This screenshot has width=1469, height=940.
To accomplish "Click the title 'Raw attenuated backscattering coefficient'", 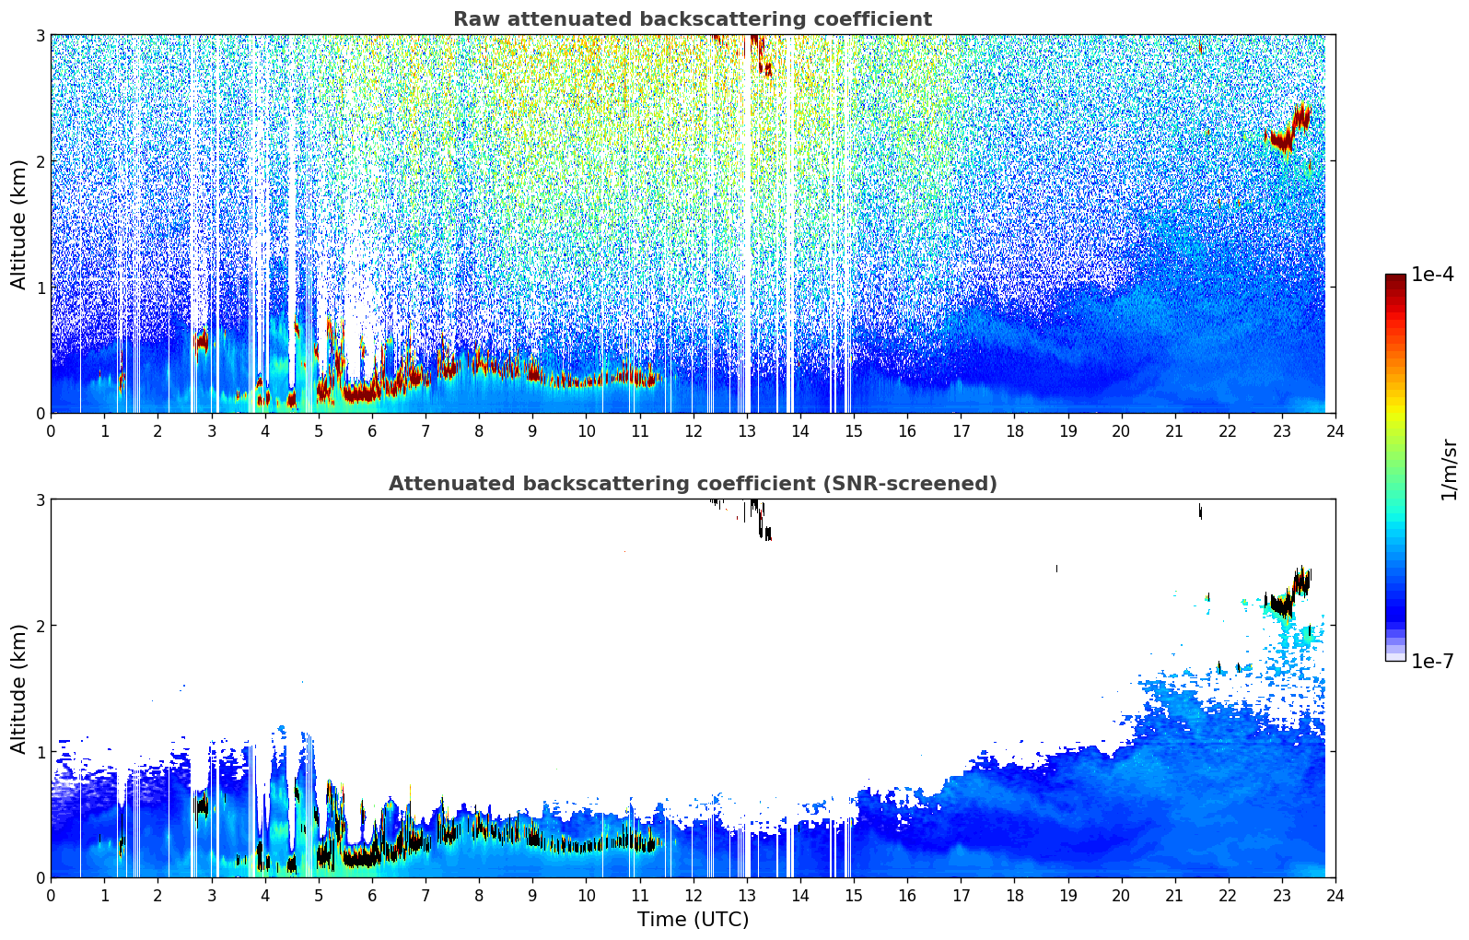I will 692,19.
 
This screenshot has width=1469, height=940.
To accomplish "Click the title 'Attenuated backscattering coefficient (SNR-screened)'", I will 692,484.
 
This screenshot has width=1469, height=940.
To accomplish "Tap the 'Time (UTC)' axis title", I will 693,919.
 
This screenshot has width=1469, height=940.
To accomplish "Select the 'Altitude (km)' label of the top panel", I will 19,224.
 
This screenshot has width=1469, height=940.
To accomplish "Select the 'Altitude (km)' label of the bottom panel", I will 19,688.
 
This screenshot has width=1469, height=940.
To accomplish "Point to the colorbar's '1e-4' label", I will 1432,275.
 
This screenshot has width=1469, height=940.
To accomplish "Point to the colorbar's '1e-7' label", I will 1432,661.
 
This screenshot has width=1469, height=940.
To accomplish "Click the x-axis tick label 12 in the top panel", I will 693,430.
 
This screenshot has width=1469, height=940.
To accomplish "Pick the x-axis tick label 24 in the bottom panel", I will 1335,895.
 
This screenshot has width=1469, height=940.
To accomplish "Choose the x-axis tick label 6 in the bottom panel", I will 372,895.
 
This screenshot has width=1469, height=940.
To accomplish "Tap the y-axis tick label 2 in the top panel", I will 40,161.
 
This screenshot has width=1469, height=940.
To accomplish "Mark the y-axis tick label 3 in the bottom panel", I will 40,499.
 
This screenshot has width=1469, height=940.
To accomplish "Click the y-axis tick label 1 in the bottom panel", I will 40,752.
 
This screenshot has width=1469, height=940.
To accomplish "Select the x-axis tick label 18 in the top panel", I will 1014,430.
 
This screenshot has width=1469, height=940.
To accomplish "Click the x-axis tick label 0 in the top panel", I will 51,430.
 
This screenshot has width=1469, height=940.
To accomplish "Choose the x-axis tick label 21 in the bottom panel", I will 1174,895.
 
